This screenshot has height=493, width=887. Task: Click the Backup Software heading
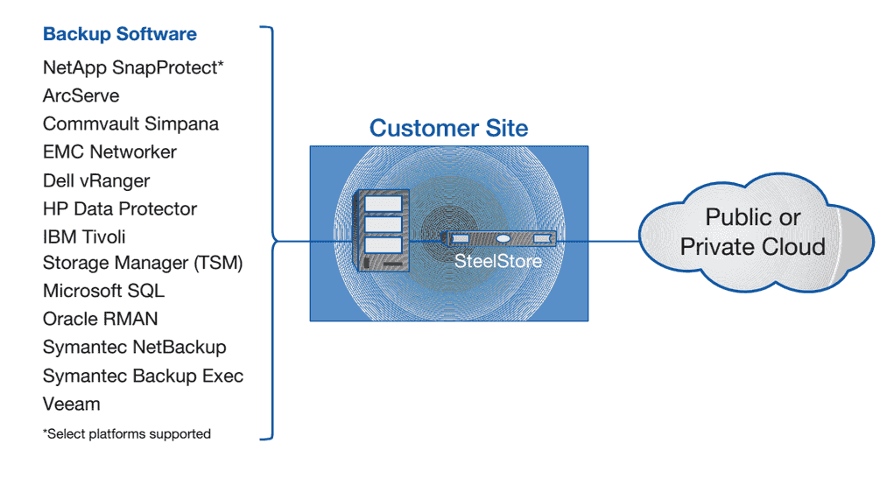click(119, 35)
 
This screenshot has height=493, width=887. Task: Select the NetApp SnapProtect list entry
click(133, 67)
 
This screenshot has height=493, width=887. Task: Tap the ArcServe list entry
click(81, 95)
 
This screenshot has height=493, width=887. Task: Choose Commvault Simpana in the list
click(130, 123)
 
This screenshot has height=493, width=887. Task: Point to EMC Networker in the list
click(109, 151)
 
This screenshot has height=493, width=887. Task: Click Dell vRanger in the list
click(96, 180)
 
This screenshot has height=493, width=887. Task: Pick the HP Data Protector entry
click(120, 208)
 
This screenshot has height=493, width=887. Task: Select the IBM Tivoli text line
click(84, 236)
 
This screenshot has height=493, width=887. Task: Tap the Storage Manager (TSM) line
click(143, 263)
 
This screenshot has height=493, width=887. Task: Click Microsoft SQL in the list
click(103, 291)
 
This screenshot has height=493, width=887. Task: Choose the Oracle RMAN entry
click(100, 319)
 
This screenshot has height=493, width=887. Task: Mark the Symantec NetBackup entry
click(134, 347)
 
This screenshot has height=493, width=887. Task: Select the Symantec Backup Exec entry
click(143, 376)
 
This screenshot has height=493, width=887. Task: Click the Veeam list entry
click(71, 404)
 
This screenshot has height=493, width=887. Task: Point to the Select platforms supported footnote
click(127, 433)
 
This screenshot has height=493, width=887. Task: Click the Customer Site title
click(448, 128)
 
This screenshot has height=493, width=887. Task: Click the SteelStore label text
click(497, 261)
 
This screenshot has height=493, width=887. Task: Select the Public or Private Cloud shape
click(753, 232)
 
